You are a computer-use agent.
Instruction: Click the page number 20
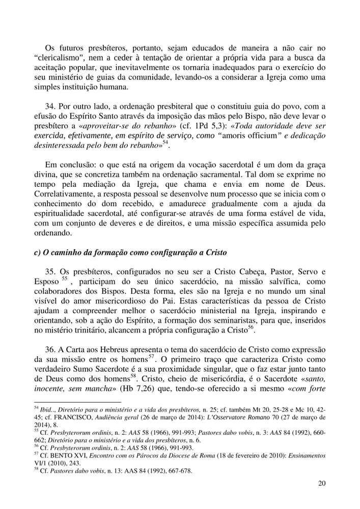[x=321, y=483]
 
